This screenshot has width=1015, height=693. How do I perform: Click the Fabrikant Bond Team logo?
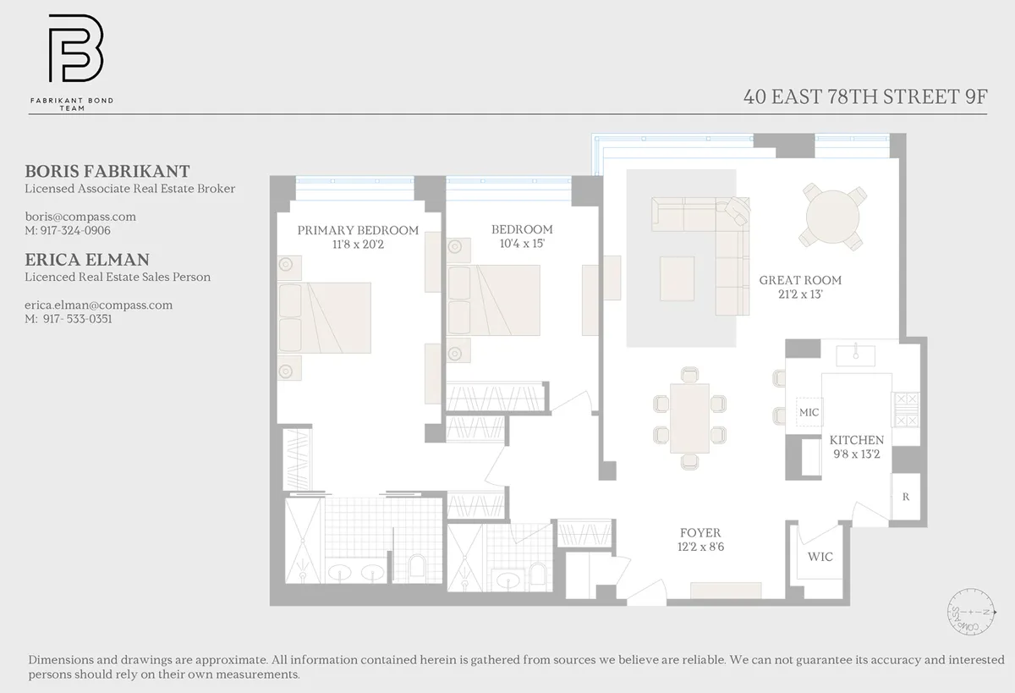tap(74, 50)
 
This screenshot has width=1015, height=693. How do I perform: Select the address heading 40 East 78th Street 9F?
tap(864, 96)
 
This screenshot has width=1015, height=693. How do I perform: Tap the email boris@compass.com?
tap(80, 217)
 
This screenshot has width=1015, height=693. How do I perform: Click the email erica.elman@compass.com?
tap(98, 305)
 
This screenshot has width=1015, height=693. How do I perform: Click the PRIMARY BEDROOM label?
tap(358, 230)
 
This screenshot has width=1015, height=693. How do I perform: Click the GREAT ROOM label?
tap(800, 280)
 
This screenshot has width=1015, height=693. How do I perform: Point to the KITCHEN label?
tap(856, 440)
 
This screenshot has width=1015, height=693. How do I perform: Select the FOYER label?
tap(700, 532)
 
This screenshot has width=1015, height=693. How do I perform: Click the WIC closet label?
tap(820, 556)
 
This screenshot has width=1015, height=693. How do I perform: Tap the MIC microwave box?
tap(809, 412)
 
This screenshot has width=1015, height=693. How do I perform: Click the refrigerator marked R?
tap(906, 497)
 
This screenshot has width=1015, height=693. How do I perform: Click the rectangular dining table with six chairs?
tap(689, 418)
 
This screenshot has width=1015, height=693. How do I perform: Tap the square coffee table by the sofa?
tap(677, 278)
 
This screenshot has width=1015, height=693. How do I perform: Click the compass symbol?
tap(968, 611)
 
